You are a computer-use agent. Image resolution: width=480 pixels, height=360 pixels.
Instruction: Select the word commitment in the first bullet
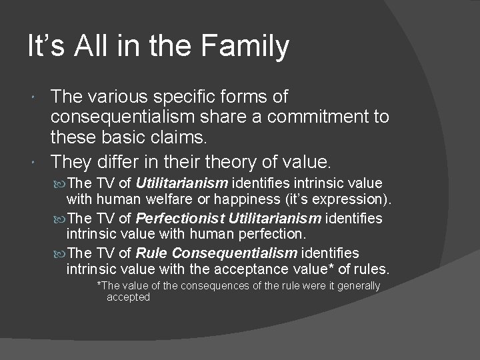coord(289,117)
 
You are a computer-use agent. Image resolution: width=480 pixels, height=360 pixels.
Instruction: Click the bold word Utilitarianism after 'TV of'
coord(182,183)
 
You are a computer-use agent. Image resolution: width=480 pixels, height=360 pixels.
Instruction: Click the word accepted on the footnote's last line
coord(128,297)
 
